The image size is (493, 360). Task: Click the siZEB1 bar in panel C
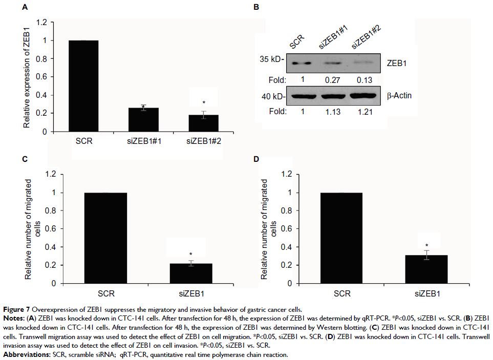[190, 273]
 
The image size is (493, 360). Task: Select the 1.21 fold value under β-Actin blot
[362, 111]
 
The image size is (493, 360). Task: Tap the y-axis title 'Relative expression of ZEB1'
[26, 77]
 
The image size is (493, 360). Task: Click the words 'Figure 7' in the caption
[16, 309]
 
